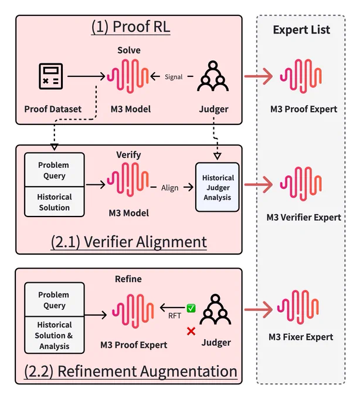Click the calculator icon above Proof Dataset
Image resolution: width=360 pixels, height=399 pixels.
(50, 76)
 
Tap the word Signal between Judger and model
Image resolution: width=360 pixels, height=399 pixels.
(174, 77)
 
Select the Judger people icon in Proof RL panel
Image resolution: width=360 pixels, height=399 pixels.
(213, 76)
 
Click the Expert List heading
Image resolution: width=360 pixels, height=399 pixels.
(301, 30)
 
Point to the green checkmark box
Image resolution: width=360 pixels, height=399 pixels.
(191, 308)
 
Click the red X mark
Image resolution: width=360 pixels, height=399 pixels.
(191, 332)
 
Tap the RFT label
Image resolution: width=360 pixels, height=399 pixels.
(175, 316)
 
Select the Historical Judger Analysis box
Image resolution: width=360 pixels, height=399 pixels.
(218, 187)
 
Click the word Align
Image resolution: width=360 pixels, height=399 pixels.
(170, 188)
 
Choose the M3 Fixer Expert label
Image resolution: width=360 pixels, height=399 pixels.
(301, 337)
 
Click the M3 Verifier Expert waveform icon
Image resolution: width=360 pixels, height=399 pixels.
(301, 184)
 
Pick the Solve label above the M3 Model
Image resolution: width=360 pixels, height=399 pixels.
(129, 50)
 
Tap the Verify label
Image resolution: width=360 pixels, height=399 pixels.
(128, 155)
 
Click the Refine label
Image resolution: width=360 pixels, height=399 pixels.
(128, 279)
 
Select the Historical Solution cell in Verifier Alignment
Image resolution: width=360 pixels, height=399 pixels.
(55, 202)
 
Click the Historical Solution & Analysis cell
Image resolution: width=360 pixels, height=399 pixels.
(55, 335)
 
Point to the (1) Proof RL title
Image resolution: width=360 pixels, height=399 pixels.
(131, 27)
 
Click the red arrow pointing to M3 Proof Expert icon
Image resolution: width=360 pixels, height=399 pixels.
(259, 76)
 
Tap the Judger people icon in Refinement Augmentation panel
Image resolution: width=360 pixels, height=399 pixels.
(215, 309)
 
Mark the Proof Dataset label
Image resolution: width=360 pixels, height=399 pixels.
(53, 109)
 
